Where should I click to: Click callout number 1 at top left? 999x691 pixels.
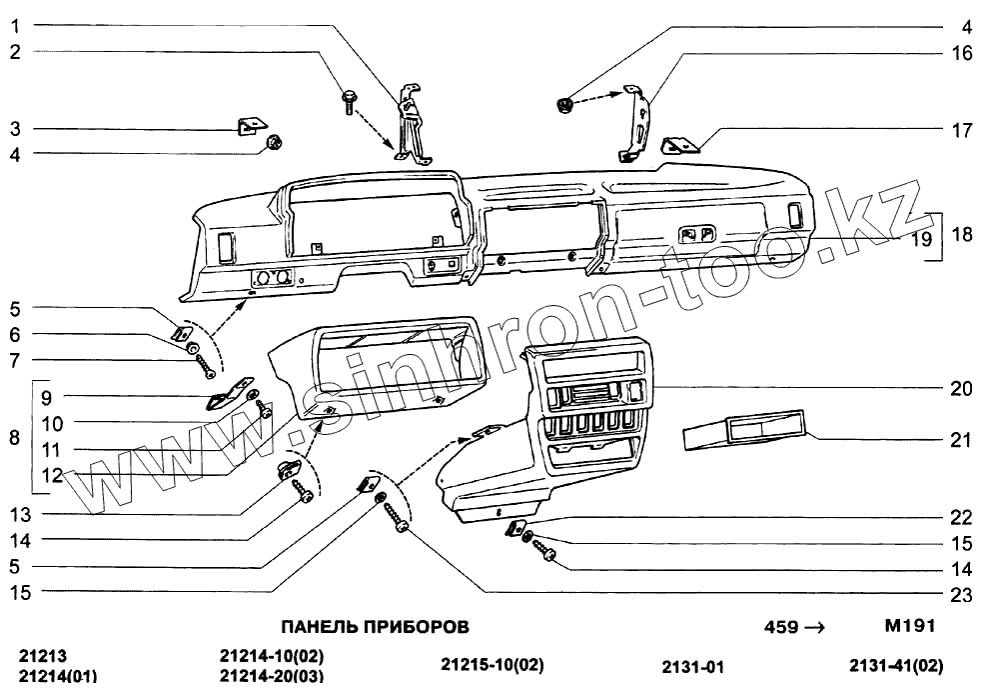15,26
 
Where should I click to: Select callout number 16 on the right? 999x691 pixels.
961,53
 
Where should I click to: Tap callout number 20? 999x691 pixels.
961,389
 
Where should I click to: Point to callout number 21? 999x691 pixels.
961,439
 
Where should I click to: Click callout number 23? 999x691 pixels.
961,596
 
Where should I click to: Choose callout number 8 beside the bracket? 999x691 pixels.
14,437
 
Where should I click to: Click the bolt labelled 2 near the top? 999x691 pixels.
350,100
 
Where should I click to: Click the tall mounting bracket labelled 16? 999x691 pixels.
633,125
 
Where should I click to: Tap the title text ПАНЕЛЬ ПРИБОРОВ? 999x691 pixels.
374,627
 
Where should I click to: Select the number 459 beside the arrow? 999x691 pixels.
780,628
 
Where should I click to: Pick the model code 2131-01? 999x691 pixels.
690,667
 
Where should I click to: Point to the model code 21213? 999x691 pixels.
43,657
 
